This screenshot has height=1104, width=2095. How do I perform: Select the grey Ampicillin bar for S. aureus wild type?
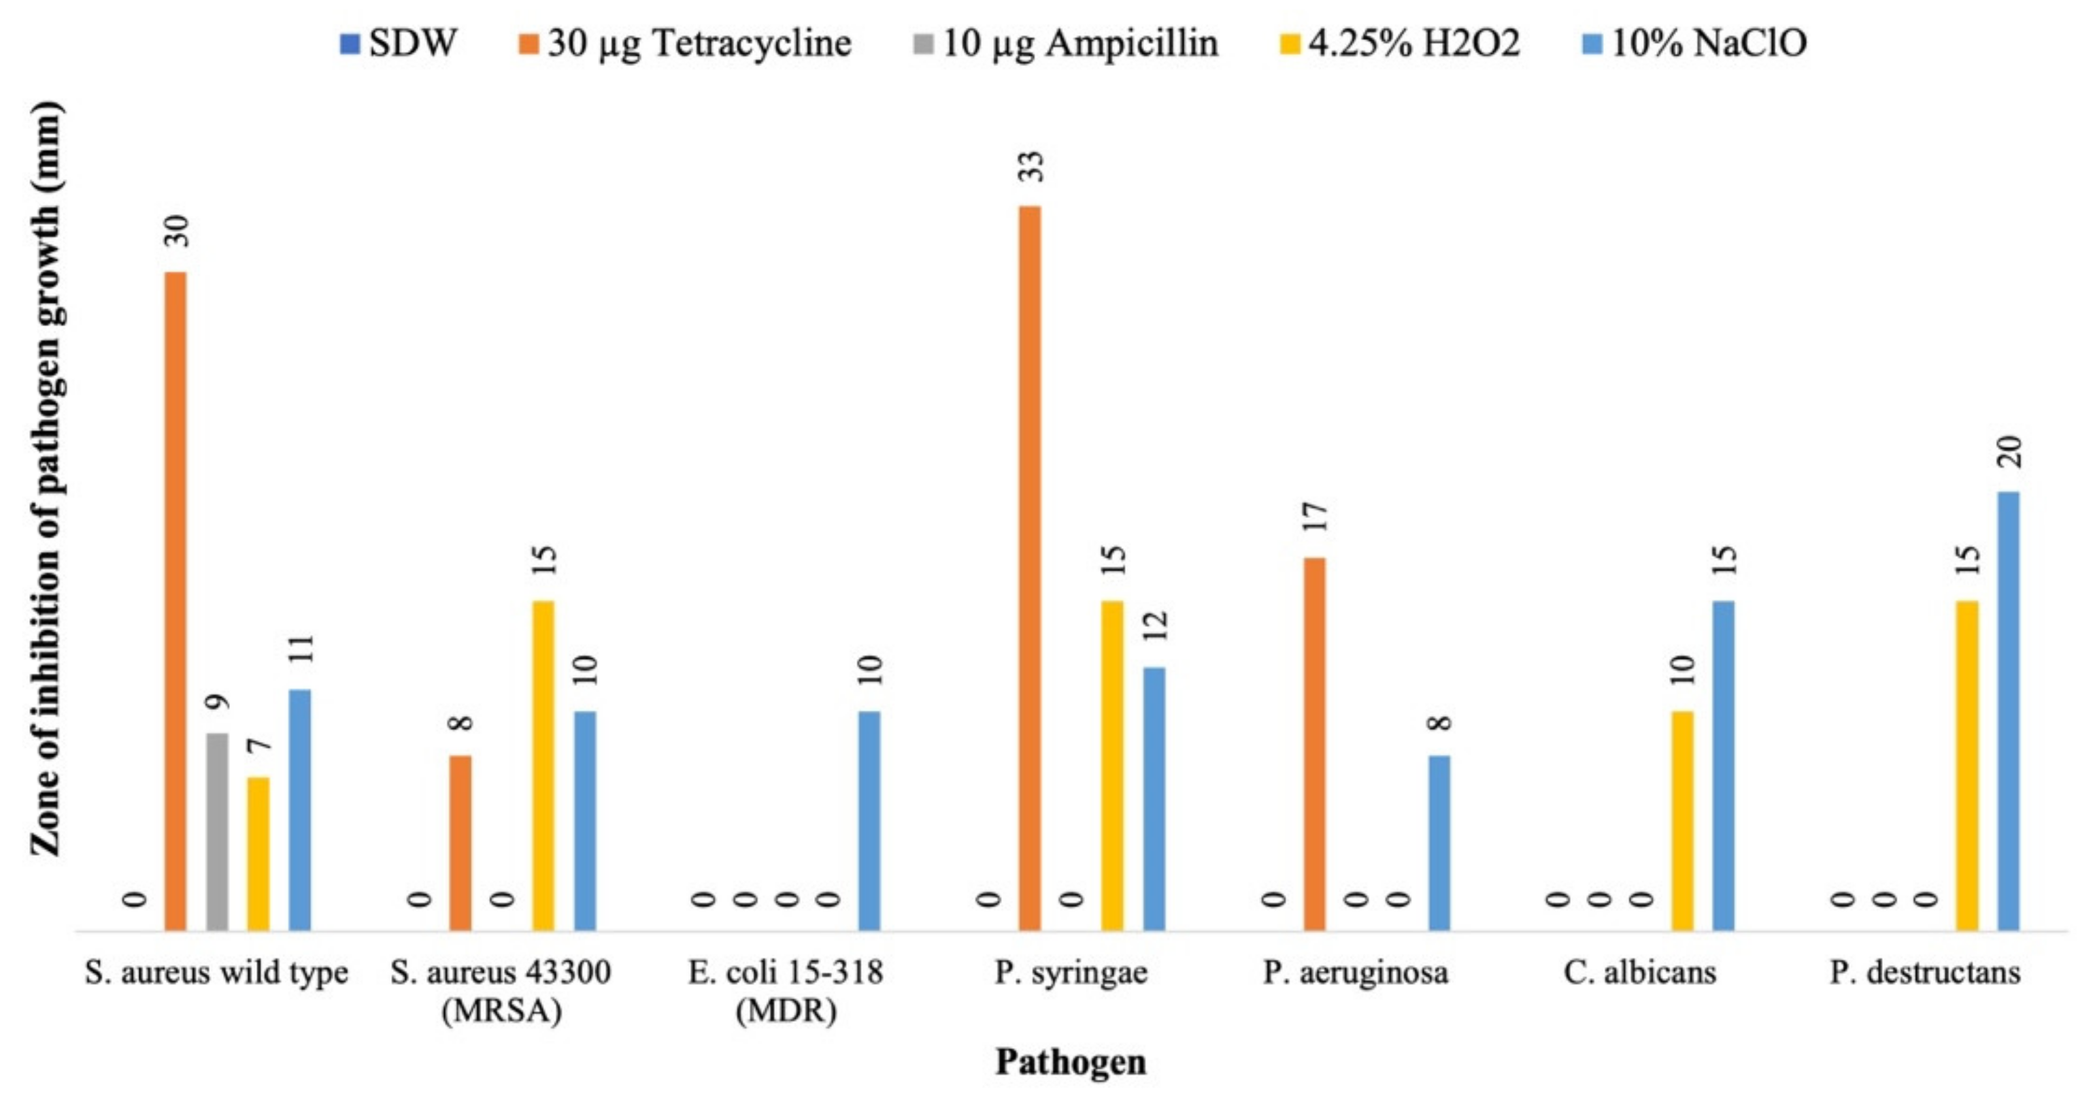tap(217, 830)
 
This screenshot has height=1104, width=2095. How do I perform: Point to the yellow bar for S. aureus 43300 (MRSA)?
tap(543, 765)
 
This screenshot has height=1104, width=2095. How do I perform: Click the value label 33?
tap(1032, 167)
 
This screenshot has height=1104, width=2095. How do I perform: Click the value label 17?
tap(1316, 518)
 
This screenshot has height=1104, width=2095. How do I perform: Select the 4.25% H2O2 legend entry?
tap(1400, 42)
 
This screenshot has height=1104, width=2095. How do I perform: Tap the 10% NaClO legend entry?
tap(1695, 42)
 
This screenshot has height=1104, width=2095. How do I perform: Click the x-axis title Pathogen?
tap(1070, 1062)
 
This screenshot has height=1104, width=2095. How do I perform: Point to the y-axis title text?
tap(46, 480)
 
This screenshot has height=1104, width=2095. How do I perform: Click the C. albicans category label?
tap(1639, 972)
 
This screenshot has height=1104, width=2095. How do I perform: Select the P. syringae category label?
tap(1070, 972)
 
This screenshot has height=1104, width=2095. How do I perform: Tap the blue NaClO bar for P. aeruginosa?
tap(1439, 842)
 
